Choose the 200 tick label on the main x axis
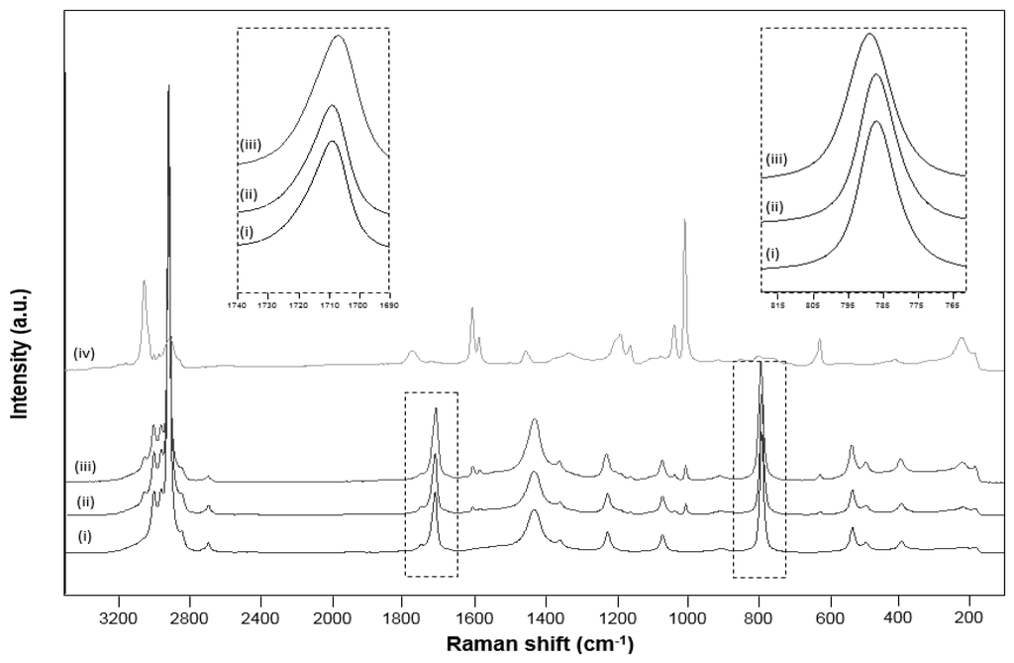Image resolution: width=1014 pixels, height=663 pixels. [x=969, y=613]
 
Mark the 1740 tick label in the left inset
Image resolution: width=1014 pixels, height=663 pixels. [x=238, y=305]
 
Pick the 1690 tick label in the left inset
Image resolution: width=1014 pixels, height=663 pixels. [x=388, y=305]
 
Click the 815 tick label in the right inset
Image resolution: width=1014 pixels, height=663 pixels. [x=777, y=305]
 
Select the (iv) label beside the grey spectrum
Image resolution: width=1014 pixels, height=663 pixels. [x=83, y=352]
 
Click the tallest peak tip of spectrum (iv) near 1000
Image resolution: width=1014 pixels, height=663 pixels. [x=684, y=220]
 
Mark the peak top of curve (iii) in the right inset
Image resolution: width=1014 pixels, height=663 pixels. [x=869, y=34]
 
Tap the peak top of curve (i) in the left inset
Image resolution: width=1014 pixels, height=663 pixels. [x=333, y=141]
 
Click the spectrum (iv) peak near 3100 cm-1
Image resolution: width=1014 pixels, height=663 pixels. [x=144, y=281]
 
